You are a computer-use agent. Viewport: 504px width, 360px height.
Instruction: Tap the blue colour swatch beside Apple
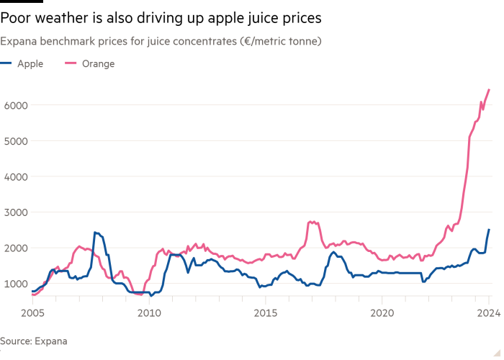(x=9, y=64)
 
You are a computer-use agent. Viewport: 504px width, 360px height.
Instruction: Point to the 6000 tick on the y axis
(x=17, y=105)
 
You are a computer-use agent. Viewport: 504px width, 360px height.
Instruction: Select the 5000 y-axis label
(x=17, y=141)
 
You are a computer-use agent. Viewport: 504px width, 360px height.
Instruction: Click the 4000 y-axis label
(x=17, y=176)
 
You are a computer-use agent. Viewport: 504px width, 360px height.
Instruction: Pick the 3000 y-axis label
(x=17, y=212)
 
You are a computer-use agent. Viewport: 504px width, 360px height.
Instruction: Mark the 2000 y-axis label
(x=17, y=248)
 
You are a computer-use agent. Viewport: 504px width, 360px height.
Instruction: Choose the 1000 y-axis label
(x=17, y=284)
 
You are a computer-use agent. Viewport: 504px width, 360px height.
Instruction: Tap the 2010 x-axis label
(x=148, y=313)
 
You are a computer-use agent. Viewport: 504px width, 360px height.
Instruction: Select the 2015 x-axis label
(x=266, y=313)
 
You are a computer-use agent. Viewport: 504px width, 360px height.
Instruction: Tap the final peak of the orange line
(x=490, y=89)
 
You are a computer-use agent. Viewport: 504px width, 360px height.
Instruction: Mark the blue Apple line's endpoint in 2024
(x=489, y=230)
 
